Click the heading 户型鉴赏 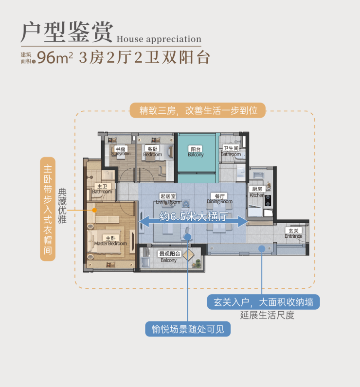67,33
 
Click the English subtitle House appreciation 159,39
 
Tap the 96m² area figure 55,57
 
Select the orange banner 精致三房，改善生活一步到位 198,110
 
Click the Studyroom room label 121,152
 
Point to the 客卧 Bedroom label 152,152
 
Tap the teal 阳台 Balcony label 196,152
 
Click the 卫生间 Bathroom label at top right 231,151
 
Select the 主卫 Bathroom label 102,189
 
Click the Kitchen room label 257,192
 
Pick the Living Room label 168,199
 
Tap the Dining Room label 219,199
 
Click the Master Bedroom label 110,241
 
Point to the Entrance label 293,233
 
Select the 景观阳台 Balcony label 169,257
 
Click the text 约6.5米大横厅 194,217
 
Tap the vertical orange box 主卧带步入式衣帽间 47,209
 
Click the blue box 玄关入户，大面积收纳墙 263,302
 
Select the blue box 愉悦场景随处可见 188,329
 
